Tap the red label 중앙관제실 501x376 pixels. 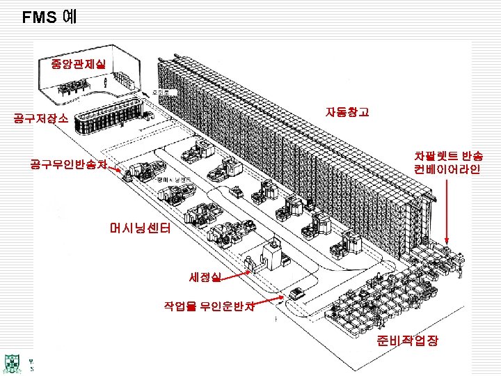click(x=78, y=64)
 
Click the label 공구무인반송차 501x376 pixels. click(x=68, y=165)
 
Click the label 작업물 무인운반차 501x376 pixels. click(x=209, y=305)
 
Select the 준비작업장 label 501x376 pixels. click(x=407, y=341)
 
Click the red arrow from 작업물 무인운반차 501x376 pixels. click(x=271, y=300)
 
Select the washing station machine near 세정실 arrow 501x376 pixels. click(x=269, y=256)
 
